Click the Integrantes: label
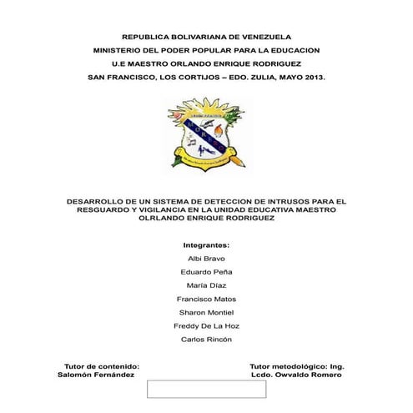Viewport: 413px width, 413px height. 205,246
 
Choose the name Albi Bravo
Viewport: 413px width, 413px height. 206,259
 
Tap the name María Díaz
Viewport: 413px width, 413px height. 206,285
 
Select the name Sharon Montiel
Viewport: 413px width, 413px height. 206,312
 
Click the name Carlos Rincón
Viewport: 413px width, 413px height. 206,339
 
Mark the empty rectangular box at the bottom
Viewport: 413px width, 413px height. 206,389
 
